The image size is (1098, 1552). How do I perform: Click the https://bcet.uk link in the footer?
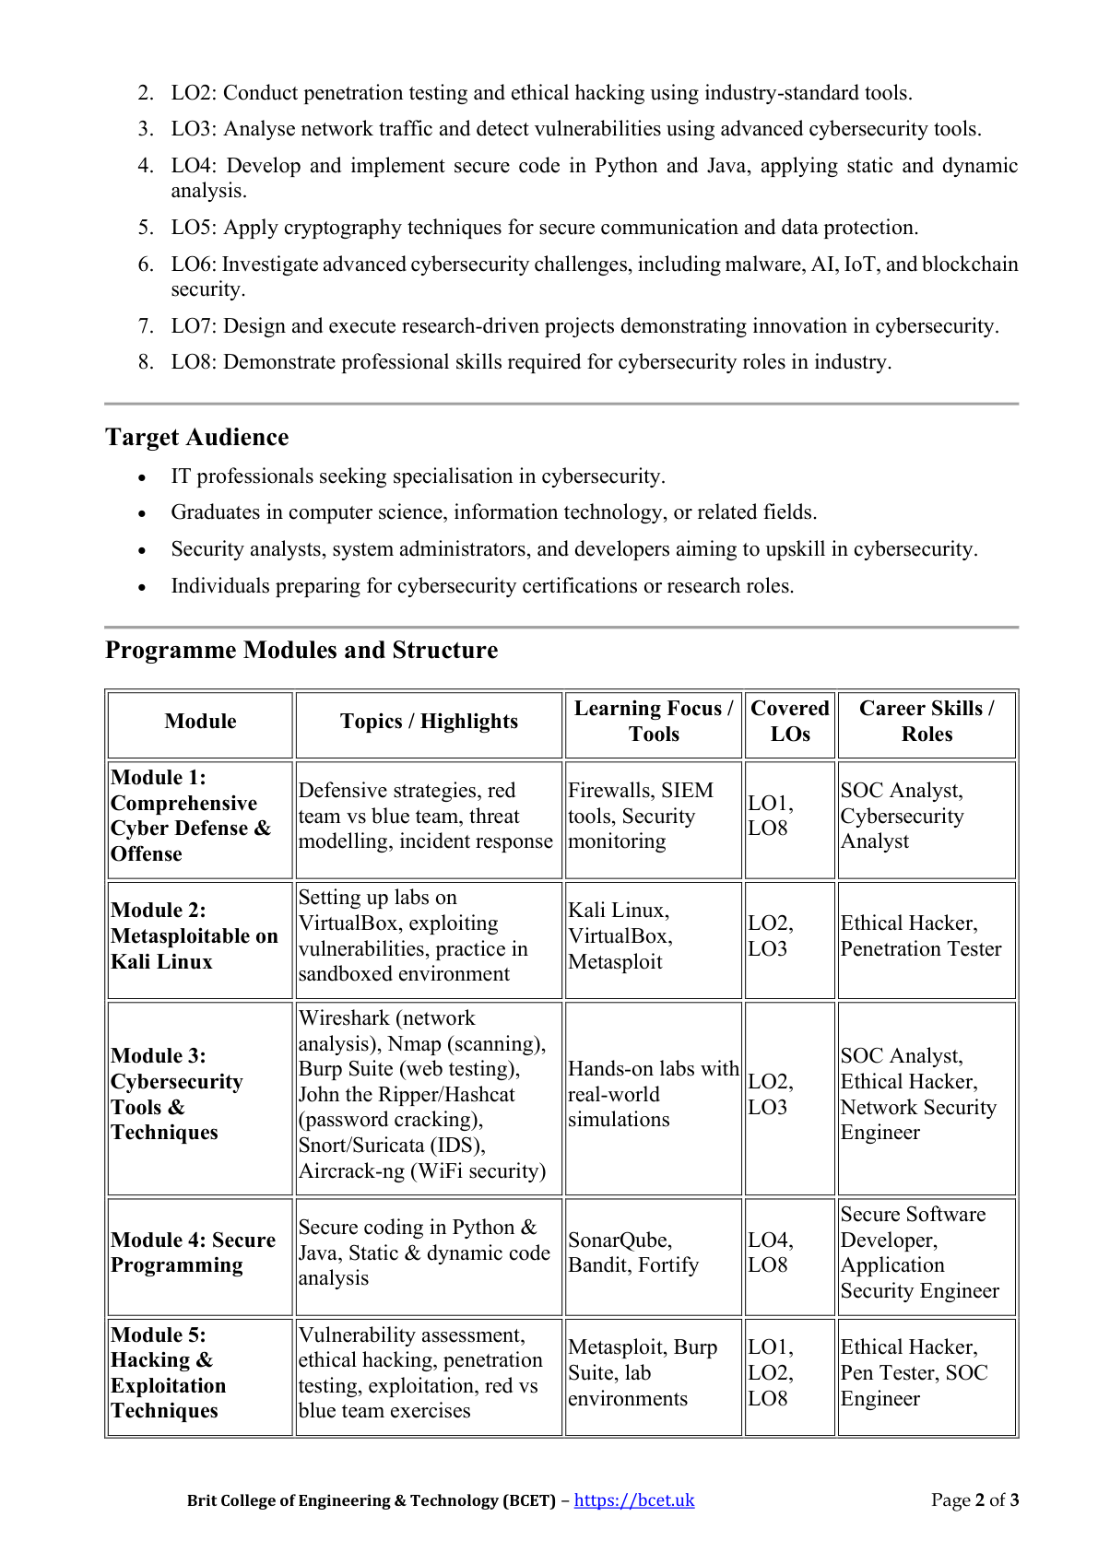633,1499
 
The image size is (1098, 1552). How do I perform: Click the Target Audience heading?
196,437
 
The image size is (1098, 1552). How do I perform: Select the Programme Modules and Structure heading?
301,650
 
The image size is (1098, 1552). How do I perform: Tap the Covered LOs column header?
789,722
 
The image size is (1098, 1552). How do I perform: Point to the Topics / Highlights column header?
429,722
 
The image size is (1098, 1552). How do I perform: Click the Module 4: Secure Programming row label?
194,1252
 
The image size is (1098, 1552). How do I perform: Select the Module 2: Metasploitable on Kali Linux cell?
194,935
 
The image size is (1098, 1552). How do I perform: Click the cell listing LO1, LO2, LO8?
771,1372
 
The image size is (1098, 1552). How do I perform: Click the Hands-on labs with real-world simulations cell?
653,1094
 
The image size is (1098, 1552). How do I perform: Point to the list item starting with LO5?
544,228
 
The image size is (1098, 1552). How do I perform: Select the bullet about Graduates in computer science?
493,512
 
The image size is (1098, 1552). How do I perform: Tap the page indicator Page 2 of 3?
974,1499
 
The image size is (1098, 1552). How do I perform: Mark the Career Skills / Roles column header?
926,722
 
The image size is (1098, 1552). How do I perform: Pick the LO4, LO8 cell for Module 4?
771,1252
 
